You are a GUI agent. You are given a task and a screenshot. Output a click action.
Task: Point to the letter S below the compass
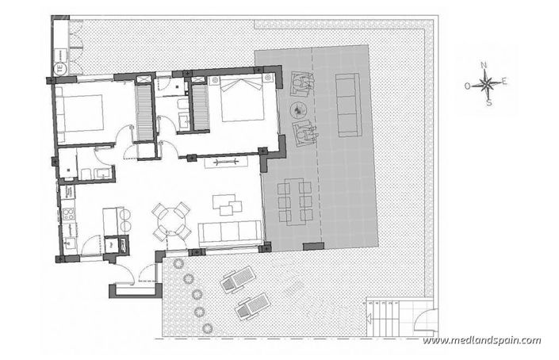[x=489, y=101]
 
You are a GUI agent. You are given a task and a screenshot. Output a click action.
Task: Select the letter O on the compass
[x=468, y=84]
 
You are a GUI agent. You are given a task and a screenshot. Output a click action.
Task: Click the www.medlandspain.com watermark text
[x=482, y=341]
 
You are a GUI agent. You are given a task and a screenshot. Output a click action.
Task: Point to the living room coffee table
[x=231, y=207]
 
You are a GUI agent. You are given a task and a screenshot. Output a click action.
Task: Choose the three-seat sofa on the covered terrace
[x=347, y=103]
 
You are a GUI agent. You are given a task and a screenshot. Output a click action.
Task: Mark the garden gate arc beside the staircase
[x=427, y=323]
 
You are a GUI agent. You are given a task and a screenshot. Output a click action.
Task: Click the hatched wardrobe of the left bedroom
[x=144, y=110]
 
